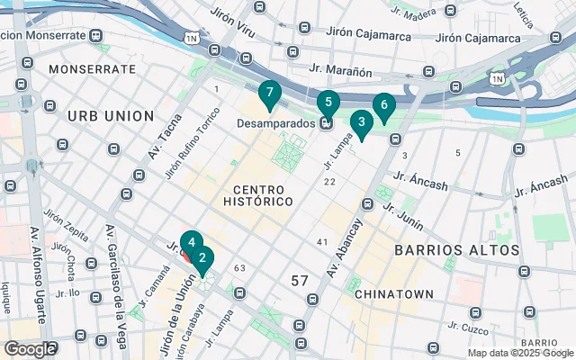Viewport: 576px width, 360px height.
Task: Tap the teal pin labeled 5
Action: tap(328, 103)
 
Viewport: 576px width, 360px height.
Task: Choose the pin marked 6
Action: tap(383, 106)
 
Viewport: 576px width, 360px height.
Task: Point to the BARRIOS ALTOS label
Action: tap(458, 249)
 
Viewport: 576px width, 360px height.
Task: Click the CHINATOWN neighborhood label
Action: tap(394, 294)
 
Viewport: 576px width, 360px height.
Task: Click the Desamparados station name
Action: tap(275, 122)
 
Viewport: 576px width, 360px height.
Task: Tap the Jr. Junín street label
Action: tap(402, 213)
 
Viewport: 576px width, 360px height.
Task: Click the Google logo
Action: tap(31, 348)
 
